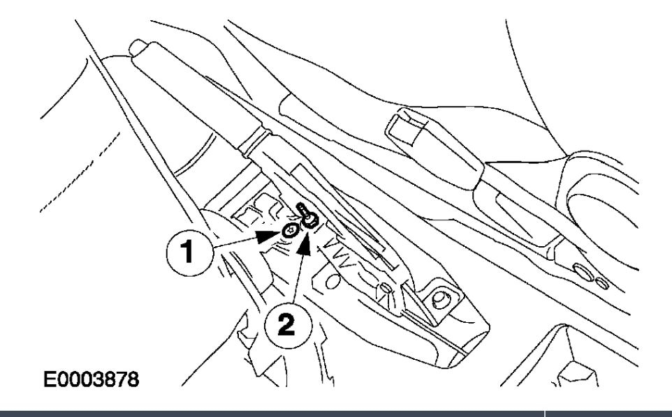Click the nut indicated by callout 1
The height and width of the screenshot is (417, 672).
[x=289, y=231]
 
